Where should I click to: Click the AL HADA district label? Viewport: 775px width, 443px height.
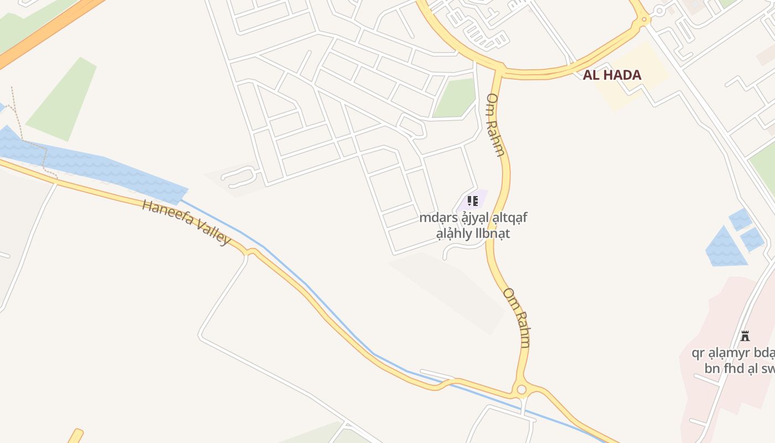tap(612, 75)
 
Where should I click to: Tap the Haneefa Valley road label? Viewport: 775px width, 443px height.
tap(186, 223)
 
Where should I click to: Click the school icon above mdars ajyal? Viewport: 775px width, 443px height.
tap(472, 200)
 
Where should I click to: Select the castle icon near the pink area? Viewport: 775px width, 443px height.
tap(745, 336)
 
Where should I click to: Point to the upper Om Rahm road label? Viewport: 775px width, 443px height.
tap(495, 125)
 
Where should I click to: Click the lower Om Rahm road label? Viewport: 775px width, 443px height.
tap(516, 318)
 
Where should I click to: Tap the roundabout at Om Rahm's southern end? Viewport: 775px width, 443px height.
tap(521, 390)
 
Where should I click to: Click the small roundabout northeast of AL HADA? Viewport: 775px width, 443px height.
tap(659, 11)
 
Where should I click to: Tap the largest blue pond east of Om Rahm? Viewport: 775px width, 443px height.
tap(725, 248)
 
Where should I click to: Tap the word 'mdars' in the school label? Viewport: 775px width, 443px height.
tap(431, 218)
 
